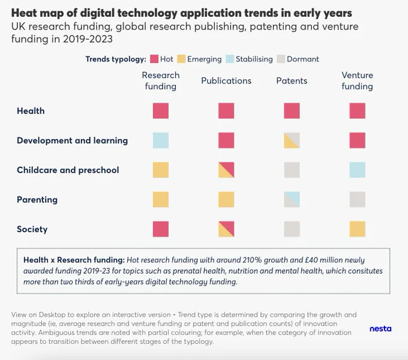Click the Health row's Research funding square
point(161,111)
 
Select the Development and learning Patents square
point(292,140)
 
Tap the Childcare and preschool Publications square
point(226,170)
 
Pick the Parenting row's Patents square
point(292,200)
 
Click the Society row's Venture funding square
point(357,229)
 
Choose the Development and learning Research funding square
point(161,140)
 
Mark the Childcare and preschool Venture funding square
point(357,170)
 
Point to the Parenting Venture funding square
point(357,200)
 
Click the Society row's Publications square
point(226,229)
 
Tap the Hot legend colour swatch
point(154,59)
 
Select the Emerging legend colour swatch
point(181,59)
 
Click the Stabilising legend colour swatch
point(230,59)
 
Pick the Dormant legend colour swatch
point(281,59)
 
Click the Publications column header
point(226,80)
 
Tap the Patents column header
point(292,80)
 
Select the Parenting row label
point(37,200)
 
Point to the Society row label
point(32,229)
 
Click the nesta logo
point(380,329)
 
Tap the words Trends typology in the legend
point(116,59)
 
